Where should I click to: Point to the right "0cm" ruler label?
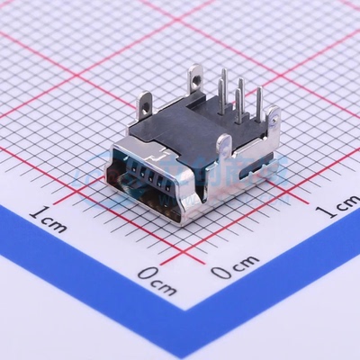coord(234,267)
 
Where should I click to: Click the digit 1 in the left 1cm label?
coord(36,214)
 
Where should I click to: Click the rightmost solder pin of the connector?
coord(257,102)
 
